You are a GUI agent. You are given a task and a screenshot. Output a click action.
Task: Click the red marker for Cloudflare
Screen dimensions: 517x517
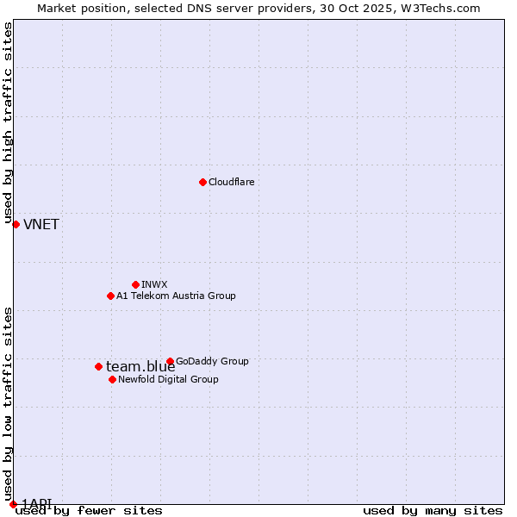coord(202,182)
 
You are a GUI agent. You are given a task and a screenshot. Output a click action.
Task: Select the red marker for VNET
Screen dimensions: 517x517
coord(16,224)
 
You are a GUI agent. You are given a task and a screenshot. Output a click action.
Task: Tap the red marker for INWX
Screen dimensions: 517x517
coord(135,284)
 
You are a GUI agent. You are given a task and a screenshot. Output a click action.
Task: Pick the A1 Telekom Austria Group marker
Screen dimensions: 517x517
coord(110,296)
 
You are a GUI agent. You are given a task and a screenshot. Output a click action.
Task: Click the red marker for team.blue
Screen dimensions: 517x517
coord(98,366)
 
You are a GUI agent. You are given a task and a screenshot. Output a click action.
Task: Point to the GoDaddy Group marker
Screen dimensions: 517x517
coord(170,361)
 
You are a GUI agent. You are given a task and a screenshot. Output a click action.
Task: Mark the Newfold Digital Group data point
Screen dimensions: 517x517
coord(112,379)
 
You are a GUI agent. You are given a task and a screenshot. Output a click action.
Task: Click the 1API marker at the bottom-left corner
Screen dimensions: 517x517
coord(13,503)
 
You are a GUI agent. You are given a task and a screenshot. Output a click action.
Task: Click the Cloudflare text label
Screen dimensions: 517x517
coord(231,182)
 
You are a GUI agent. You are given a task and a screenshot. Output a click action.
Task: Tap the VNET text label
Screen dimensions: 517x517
coord(41,225)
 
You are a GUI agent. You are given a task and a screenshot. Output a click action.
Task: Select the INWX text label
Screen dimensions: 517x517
coord(154,284)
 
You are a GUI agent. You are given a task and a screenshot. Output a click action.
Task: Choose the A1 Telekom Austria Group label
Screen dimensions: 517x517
coord(176,296)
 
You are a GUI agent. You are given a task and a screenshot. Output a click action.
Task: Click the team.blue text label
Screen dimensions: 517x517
coord(140,367)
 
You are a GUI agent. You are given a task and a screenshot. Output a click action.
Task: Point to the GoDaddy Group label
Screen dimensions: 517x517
coord(212,361)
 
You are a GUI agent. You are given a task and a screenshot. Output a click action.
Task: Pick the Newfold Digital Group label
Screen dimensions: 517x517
coord(168,379)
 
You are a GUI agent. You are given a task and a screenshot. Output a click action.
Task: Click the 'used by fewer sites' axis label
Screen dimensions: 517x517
coord(90,510)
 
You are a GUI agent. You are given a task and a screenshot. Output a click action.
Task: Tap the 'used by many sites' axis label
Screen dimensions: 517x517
coord(433,510)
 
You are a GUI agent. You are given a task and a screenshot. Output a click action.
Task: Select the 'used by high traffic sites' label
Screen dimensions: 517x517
coord(8,121)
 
